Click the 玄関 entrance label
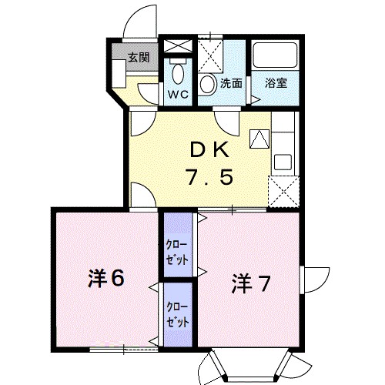(139, 56)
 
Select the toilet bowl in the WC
(179, 75)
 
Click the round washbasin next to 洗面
(209, 84)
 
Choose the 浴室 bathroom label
(276, 83)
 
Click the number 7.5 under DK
(208, 178)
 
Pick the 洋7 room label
(251, 283)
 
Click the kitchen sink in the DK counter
(283, 163)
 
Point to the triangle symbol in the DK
(259, 138)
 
